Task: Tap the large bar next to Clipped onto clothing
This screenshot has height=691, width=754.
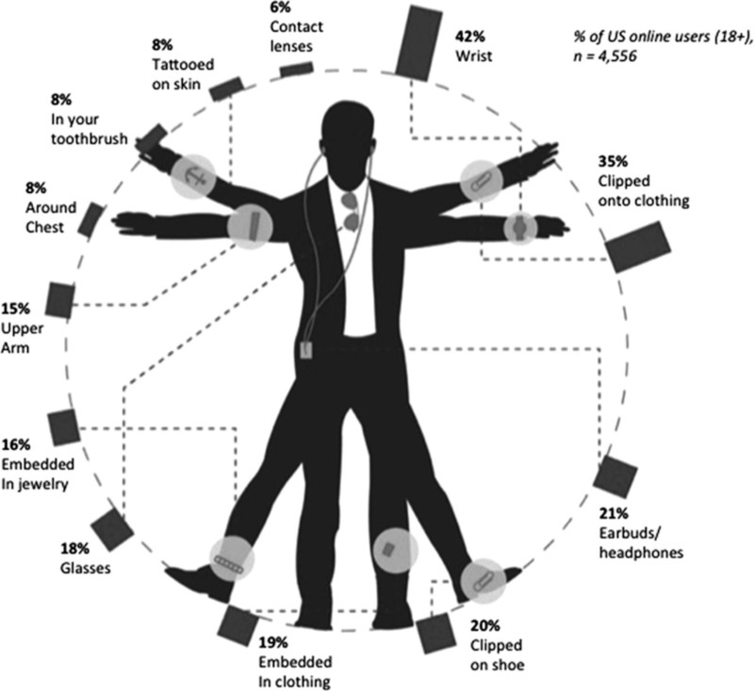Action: pyautogui.click(x=639, y=245)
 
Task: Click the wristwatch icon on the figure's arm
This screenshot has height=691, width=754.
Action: pyautogui.click(x=518, y=227)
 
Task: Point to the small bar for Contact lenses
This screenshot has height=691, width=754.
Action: pyautogui.click(x=297, y=69)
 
